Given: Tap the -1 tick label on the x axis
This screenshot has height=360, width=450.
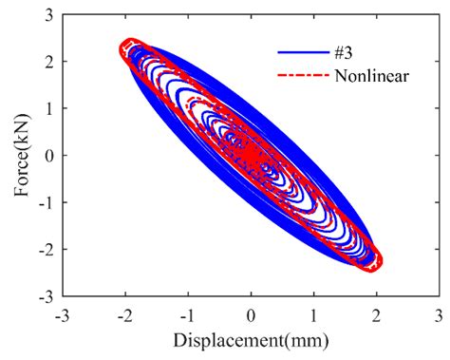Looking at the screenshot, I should [187, 314].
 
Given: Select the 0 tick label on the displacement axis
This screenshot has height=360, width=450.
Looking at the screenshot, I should [252, 314].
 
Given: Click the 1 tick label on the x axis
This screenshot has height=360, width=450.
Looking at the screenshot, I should [314, 314].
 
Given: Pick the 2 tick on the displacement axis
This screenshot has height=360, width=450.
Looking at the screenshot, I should [377, 314].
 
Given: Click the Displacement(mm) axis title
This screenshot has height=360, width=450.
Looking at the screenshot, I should [251, 338].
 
